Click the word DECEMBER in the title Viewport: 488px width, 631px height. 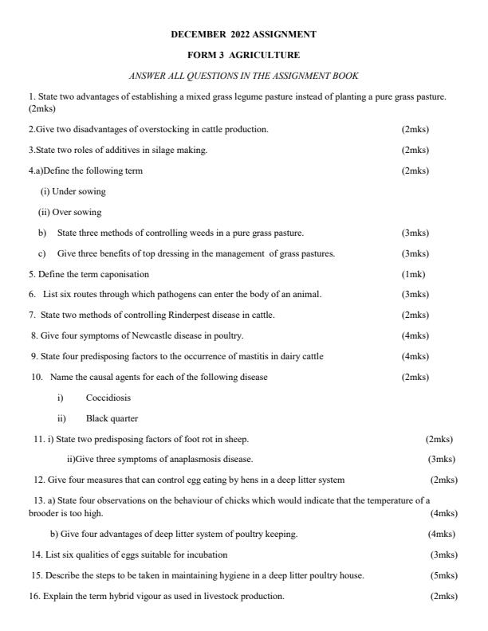195,34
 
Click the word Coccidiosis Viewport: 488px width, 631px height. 108,398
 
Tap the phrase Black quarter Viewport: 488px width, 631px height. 112,418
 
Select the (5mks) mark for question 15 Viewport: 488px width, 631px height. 443,575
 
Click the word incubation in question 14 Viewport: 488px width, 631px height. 208,555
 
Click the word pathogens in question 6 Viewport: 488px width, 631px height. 154,295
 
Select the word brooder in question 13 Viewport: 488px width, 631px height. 45,514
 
